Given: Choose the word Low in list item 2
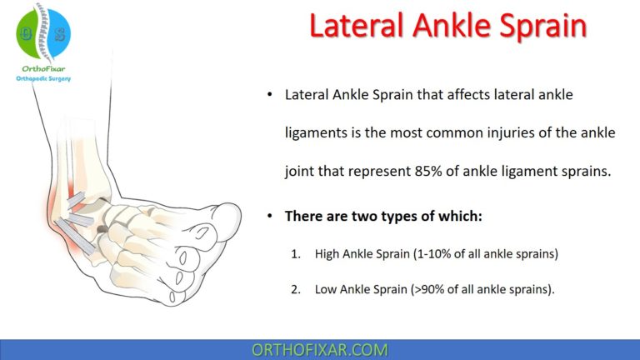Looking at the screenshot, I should pos(326,290).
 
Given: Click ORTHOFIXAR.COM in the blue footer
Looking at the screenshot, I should pos(320,349).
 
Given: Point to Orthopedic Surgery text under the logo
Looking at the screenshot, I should pos(44,80).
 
